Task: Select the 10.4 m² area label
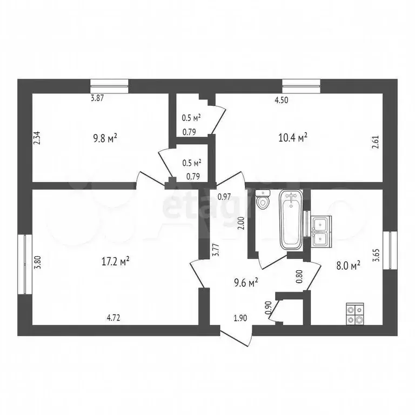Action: tap(292, 137)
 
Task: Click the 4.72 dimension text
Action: tap(113, 318)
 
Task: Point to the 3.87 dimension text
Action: tap(97, 98)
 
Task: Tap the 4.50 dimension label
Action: tap(282, 99)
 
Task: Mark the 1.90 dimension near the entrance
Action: tap(240, 318)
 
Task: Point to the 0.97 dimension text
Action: tap(225, 197)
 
